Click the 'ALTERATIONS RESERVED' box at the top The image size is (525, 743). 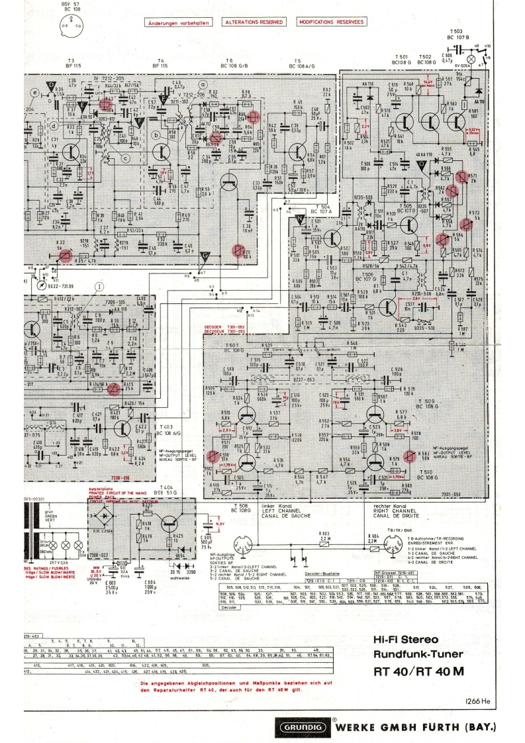coord(254,22)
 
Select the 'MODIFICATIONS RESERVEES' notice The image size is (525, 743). coord(331,22)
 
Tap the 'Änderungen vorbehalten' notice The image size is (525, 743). coord(177,22)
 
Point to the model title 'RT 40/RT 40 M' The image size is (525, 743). coord(418,671)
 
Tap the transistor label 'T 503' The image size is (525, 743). coord(456,32)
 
